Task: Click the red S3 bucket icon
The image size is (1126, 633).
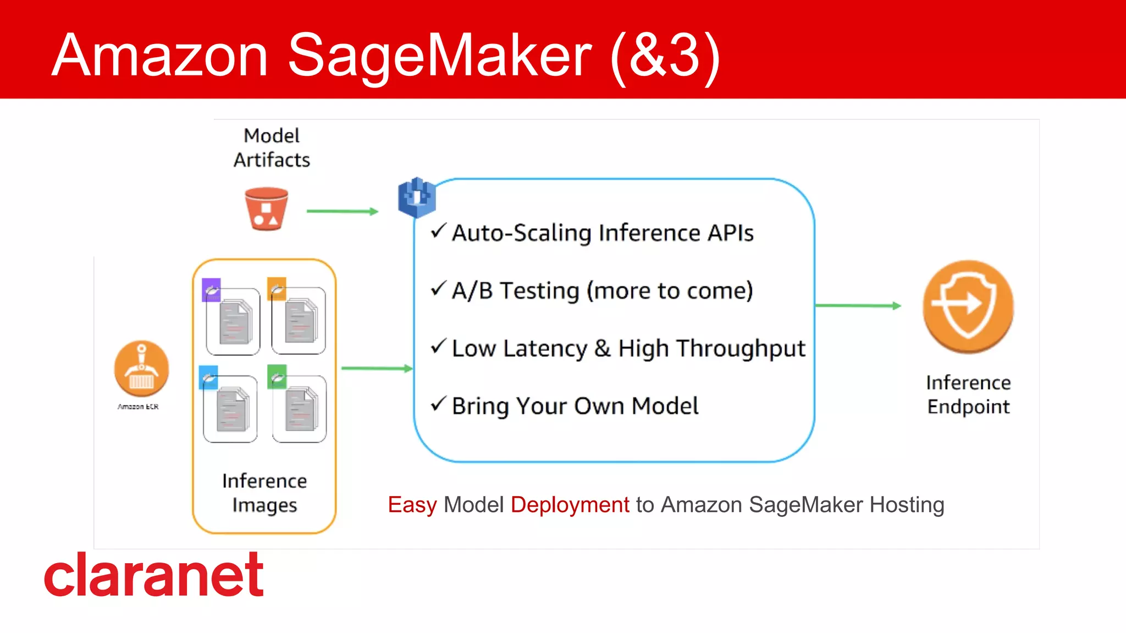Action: (x=267, y=209)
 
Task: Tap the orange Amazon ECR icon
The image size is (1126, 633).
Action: (x=141, y=368)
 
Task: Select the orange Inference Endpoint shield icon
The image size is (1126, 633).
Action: (x=968, y=306)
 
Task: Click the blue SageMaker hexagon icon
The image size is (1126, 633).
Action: (x=417, y=197)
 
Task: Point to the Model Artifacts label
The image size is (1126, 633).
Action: (x=272, y=148)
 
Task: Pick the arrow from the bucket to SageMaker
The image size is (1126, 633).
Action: (x=342, y=211)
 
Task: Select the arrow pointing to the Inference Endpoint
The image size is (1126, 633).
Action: (x=858, y=305)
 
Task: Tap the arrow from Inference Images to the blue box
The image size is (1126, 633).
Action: (x=377, y=368)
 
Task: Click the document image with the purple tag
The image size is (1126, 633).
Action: (x=233, y=320)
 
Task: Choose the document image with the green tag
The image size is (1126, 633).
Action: (x=299, y=408)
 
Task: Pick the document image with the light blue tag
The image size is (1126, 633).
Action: (x=230, y=408)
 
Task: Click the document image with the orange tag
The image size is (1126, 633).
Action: (x=299, y=320)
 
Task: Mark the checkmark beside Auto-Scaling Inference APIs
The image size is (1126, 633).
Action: (x=438, y=230)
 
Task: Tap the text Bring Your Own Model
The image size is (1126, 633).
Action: (x=575, y=406)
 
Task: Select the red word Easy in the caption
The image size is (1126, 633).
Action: (x=412, y=505)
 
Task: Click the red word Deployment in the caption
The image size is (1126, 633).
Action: (x=570, y=505)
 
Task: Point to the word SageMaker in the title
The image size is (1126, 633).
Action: (x=439, y=56)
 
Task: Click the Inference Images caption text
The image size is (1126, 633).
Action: (x=264, y=493)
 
